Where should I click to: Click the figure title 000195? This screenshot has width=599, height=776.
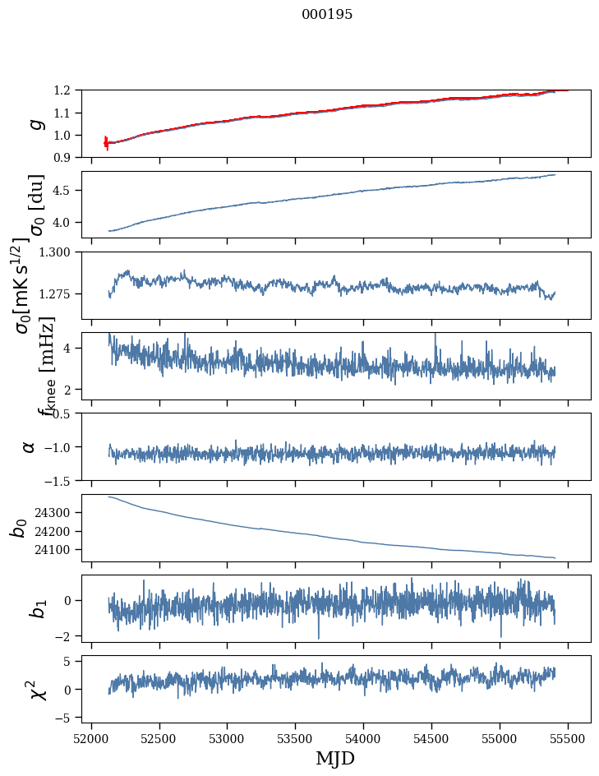click(x=327, y=15)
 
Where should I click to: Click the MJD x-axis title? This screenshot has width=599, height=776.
click(x=335, y=758)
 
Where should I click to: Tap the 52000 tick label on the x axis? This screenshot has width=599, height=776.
click(x=91, y=737)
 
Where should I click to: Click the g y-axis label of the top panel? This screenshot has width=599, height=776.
click(x=35, y=123)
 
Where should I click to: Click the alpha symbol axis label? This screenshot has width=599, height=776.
click(x=30, y=446)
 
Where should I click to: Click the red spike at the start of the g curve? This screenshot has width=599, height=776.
click(x=106, y=142)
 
